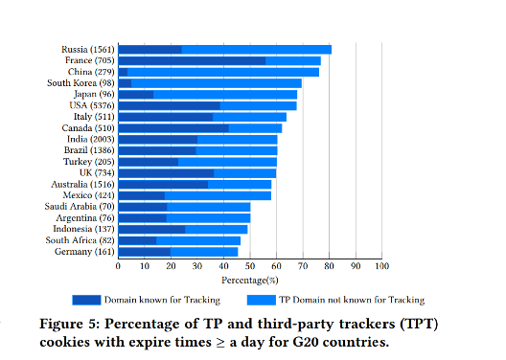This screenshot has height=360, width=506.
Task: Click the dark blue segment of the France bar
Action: coord(192,61)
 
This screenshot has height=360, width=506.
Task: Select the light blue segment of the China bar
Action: coord(223,72)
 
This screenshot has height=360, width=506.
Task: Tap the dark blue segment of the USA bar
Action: coord(170,105)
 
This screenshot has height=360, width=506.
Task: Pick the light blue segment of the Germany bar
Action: coord(204,252)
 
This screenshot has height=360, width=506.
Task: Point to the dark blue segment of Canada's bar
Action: coord(173,128)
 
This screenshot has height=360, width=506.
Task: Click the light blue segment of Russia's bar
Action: coord(257,50)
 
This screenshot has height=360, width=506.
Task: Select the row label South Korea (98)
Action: coord(80,83)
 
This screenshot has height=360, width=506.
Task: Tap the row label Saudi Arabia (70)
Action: coord(80,207)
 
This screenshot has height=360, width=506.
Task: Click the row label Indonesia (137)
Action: coord(83,229)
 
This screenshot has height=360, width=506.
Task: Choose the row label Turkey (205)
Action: coord(89,162)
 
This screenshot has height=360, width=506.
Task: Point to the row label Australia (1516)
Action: coord(82,185)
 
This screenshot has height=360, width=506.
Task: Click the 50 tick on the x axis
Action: coord(250,266)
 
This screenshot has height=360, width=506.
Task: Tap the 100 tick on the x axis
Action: coord(381,266)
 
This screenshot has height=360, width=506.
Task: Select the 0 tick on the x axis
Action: coord(118,266)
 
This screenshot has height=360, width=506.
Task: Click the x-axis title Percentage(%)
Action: coord(250,281)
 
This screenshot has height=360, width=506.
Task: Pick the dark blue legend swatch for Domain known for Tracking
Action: coord(86,300)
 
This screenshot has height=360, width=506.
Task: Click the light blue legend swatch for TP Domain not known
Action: coord(262,300)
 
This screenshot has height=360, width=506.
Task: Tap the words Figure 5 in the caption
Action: coord(70,324)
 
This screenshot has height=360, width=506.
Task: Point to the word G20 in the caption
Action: coord(306,342)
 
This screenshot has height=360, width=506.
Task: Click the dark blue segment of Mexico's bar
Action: coord(142,195)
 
